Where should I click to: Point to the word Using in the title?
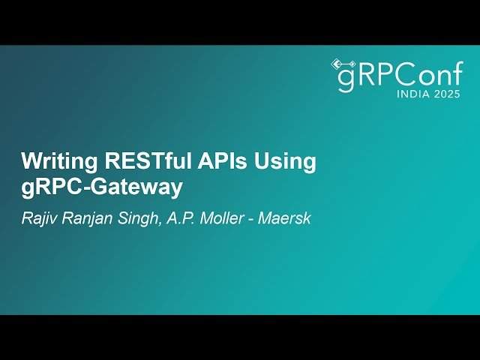click(285, 162)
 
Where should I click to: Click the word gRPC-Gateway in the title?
click(102, 187)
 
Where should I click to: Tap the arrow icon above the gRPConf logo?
click(343, 63)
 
